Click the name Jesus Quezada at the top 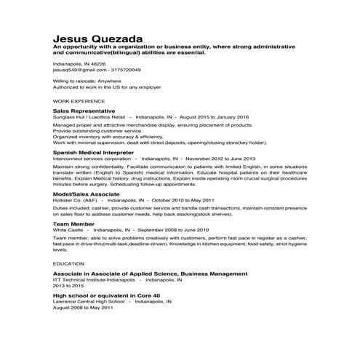coord(98,38)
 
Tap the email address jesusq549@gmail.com coord(79,70)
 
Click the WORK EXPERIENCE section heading coord(79,101)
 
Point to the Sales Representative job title coord(84,110)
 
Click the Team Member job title coord(73,224)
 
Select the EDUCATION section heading coord(69,263)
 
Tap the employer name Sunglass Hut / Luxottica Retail coord(89,116)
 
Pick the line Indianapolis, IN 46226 coord(79,64)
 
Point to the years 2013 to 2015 coord(69,285)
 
